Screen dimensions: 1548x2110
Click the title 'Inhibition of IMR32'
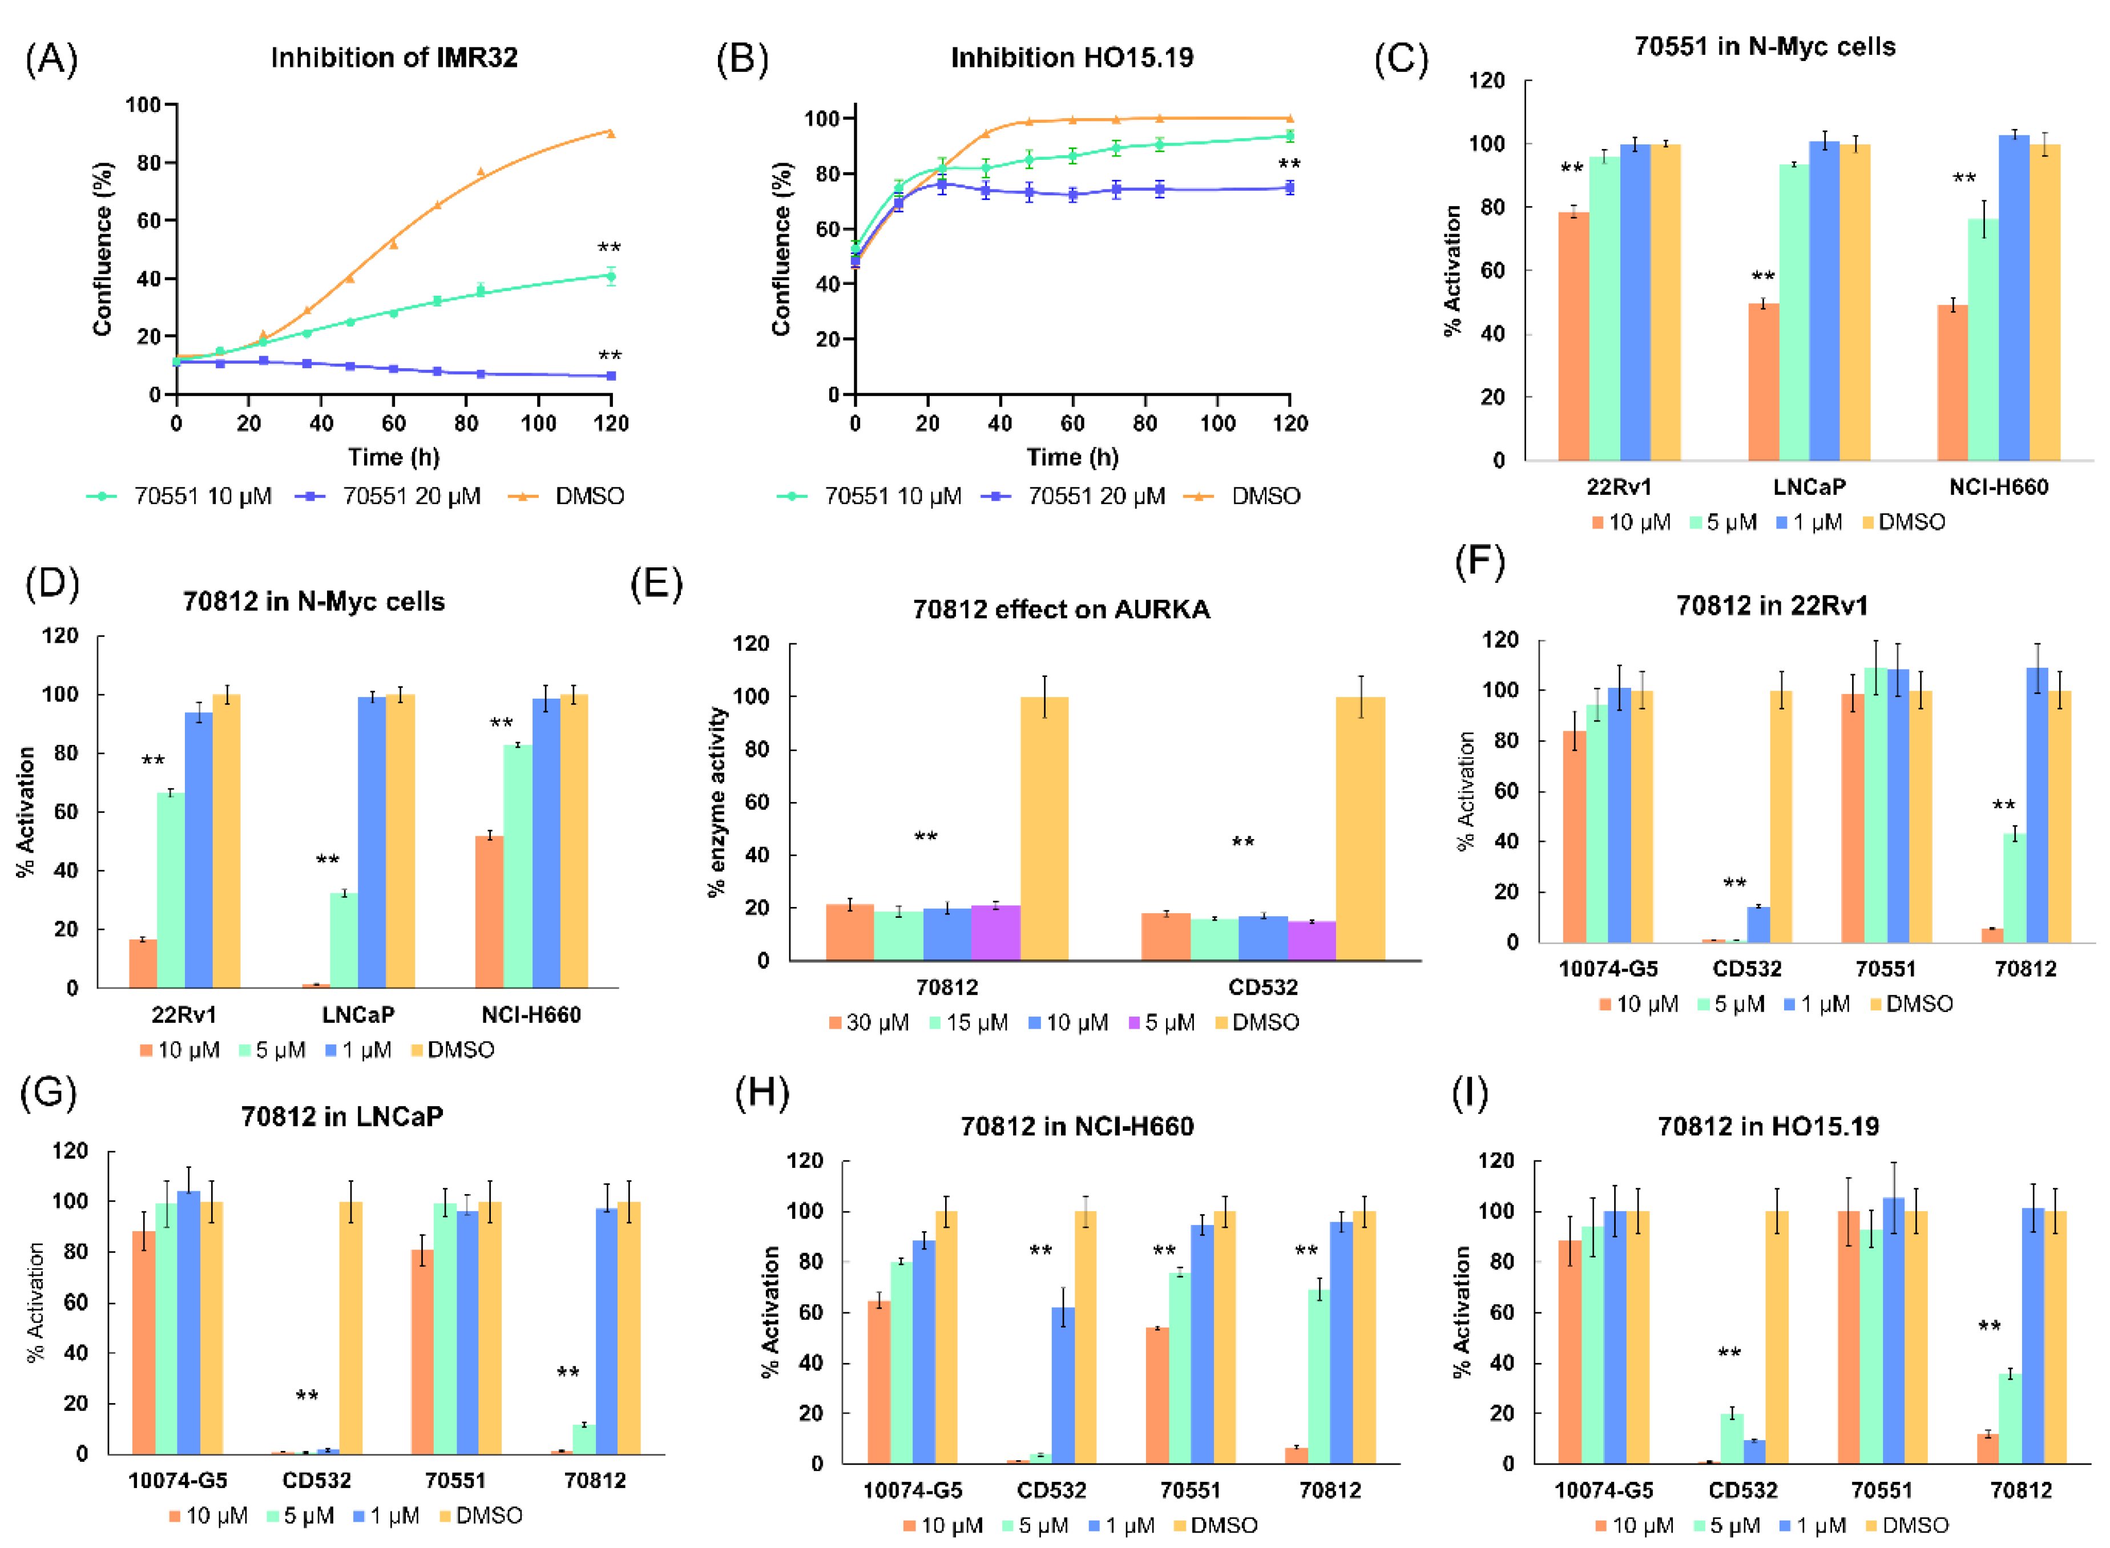(393, 58)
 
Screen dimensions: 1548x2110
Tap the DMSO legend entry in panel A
(588, 495)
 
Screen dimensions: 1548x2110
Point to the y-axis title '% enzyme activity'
(717, 801)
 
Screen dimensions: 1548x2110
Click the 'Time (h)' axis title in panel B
(1072, 457)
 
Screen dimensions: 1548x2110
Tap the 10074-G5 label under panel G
(178, 1481)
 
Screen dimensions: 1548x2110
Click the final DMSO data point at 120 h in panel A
(611, 133)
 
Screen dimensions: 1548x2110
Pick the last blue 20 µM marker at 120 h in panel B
(1289, 187)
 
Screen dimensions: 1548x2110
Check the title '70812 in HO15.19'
(1768, 1126)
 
